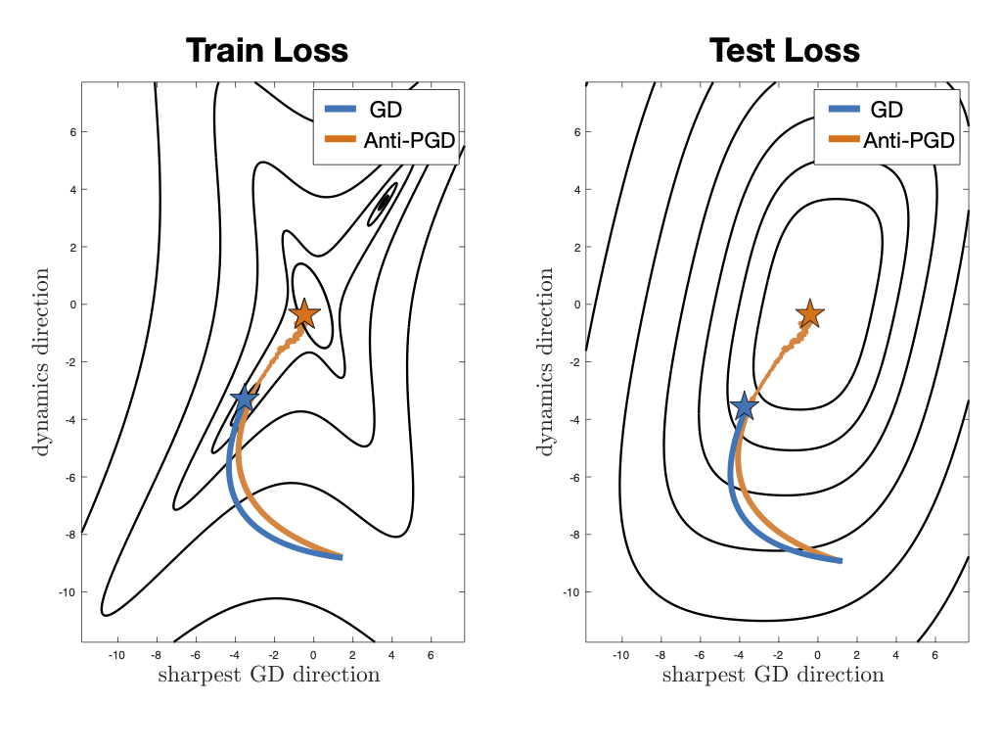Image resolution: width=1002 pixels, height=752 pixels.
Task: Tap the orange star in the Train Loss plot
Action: click(303, 314)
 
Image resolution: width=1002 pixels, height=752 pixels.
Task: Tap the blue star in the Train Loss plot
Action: click(244, 399)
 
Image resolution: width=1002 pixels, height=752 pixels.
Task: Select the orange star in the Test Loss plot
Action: click(808, 314)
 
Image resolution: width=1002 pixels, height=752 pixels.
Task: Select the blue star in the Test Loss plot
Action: click(745, 406)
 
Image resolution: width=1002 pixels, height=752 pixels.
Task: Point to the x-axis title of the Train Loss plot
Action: click(268, 675)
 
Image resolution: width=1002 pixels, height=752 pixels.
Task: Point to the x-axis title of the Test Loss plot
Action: click(773, 675)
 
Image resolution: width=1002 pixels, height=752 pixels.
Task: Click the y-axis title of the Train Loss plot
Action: click(43, 362)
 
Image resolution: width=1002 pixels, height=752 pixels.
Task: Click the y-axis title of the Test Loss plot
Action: click(548, 362)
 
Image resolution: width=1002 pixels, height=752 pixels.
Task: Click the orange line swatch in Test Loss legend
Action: click(841, 141)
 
